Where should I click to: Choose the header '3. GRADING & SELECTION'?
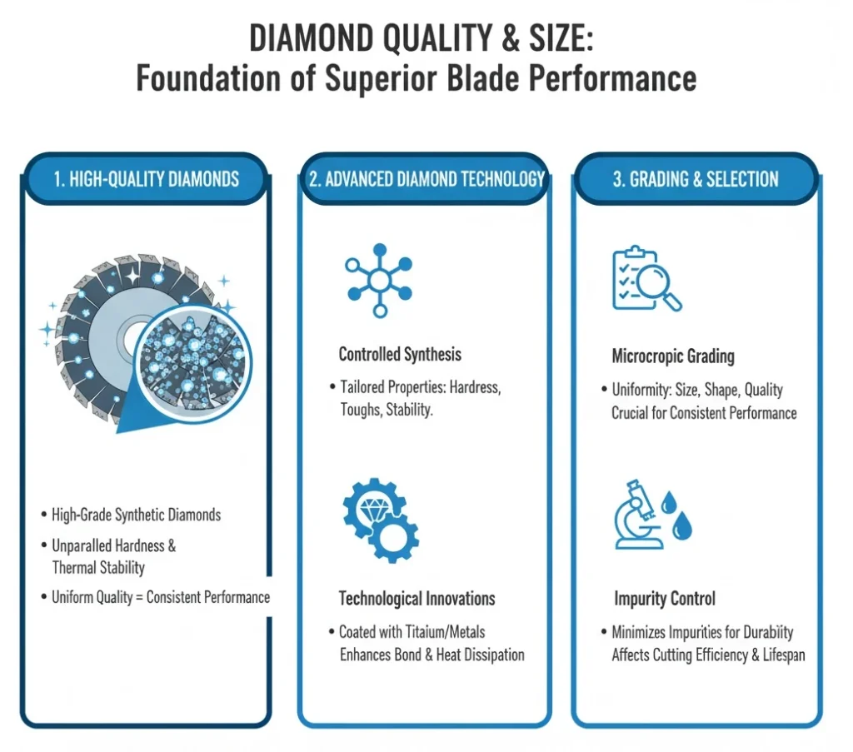696,179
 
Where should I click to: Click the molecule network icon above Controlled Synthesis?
379,279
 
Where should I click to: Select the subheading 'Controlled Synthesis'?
400,354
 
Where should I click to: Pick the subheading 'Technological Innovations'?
417,598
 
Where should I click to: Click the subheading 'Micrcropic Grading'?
673,356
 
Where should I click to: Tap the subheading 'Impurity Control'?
663,598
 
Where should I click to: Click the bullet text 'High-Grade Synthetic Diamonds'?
136,515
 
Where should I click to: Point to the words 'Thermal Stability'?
98,568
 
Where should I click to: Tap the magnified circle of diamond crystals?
192,358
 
